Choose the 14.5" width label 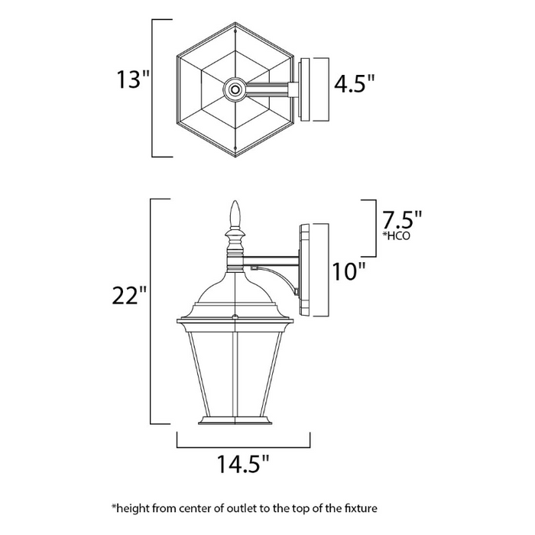243,464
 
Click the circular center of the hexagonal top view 235,90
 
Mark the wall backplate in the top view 305,90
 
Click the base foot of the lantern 235,420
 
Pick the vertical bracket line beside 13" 155,89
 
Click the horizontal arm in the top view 267,90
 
